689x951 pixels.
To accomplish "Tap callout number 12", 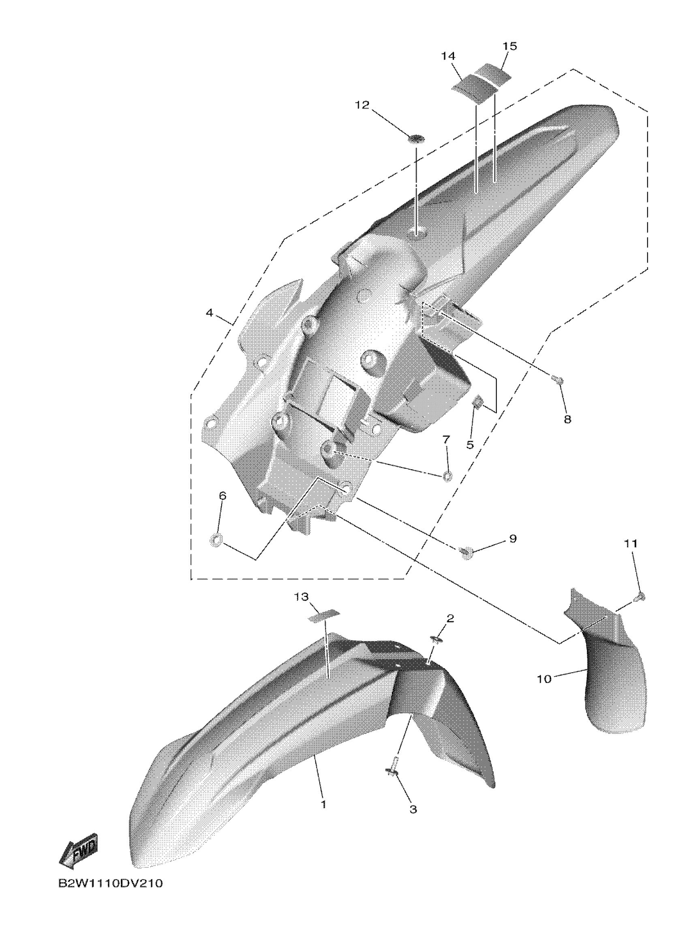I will [x=362, y=105].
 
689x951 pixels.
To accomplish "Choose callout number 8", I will [x=567, y=419].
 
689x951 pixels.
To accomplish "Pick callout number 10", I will [x=544, y=678].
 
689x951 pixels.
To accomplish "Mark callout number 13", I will [x=301, y=597].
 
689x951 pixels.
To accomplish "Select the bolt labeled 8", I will [x=558, y=381].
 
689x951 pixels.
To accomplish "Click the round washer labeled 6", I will [x=216, y=539].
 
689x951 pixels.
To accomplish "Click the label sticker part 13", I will [x=324, y=617].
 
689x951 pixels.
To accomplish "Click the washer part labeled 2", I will [x=434, y=651].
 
